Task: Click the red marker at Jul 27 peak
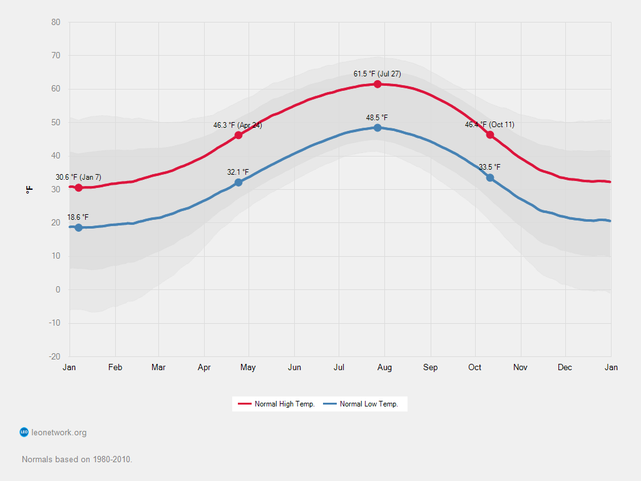[377, 84]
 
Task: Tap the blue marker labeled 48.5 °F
[377, 128]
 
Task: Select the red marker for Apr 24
[238, 135]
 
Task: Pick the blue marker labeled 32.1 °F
[238, 182]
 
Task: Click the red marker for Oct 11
[490, 135]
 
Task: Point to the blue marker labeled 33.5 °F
[490, 178]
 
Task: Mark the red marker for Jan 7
[78, 188]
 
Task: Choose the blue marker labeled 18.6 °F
[78, 227]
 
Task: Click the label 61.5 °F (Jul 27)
[377, 74]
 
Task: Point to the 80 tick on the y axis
[56, 23]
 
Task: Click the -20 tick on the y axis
[54, 356]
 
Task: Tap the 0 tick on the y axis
[58, 289]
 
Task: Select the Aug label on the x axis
[384, 368]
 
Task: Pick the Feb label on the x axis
[115, 368]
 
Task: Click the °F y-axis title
[29, 189]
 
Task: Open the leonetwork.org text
[59, 432]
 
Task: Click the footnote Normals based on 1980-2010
[77, 459]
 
